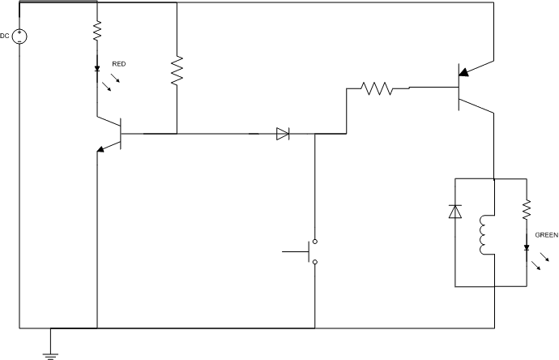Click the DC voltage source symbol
[19, 36]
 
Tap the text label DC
[6, 35]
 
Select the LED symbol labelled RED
[96, 70]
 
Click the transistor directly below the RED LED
[113, 134]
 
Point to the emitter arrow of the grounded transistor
[101, 148]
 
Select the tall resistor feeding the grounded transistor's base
[176, 71]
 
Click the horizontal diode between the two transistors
[282, 134]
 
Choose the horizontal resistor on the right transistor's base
[377, 87]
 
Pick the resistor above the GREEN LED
[527, 211]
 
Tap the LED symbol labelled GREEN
[527, 248]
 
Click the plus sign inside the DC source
[19, 32]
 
